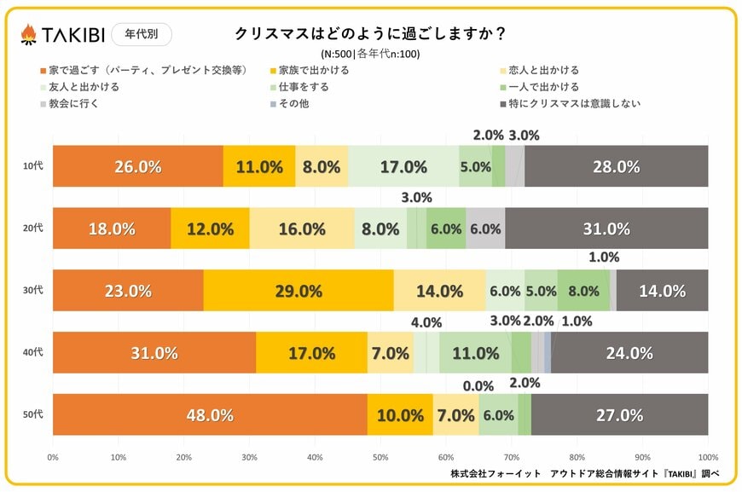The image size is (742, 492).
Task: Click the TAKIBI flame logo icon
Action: click(28, 35)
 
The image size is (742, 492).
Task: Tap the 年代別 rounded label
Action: click(141, 34)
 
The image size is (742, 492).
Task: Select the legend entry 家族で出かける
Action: click(313, 71)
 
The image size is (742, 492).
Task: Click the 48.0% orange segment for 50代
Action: click(210, 415)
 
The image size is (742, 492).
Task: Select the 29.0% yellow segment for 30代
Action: click(299, 291)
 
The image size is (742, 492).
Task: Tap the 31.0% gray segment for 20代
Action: click(606, 229)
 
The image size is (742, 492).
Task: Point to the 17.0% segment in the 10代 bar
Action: click(403, 167)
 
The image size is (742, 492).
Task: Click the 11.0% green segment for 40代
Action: click(475, 353)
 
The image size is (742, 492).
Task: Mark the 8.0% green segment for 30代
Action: click(583, 291)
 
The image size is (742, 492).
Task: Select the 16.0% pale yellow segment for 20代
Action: click(302, 229)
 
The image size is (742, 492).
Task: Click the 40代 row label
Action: click(32, 352)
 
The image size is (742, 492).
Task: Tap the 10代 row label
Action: click(32, 166)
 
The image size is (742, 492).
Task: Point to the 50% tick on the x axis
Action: click(380, 457)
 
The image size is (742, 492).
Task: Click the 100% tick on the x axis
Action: click(707, 457)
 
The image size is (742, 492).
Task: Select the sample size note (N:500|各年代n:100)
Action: click(371, 54)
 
